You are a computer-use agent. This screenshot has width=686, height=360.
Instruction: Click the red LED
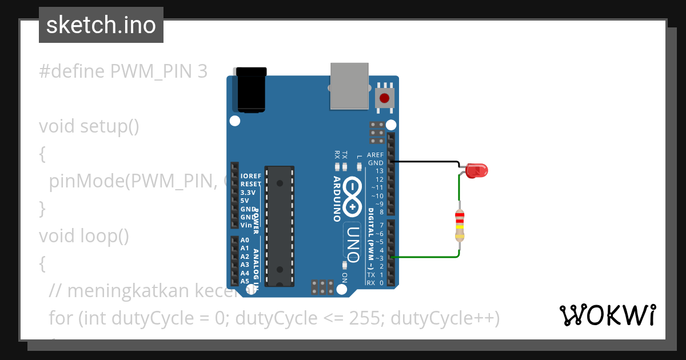(x=476, y=170)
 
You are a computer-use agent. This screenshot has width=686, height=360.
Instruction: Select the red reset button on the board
(x=385, y=97)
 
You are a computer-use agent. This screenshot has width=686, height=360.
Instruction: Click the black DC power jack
(x=251, y=90)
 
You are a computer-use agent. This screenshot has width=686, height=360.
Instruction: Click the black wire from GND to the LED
(x=426, y=162)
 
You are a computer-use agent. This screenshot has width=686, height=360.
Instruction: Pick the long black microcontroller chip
(x=280, y=226)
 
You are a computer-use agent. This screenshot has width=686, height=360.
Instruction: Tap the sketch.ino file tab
(x=101, y=25)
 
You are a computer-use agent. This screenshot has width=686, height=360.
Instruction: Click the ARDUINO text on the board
(x=337, y=198)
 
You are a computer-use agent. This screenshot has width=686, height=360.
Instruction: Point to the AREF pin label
(x=375, y=155)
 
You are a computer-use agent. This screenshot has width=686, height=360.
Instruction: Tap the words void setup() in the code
(x=89, y=126)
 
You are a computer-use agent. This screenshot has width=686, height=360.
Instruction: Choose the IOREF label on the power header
(x=251, y=176)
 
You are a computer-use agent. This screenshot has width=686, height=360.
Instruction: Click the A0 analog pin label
(x=245, y=240)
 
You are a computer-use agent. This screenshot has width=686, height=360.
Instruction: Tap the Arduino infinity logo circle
(x=353, y=197)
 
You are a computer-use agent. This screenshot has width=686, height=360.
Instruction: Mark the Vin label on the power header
(x=246, y=225)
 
